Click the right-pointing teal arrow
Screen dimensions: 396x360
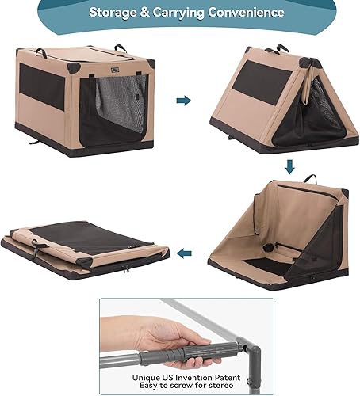coord(183,101)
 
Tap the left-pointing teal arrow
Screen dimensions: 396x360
coord(184,254)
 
